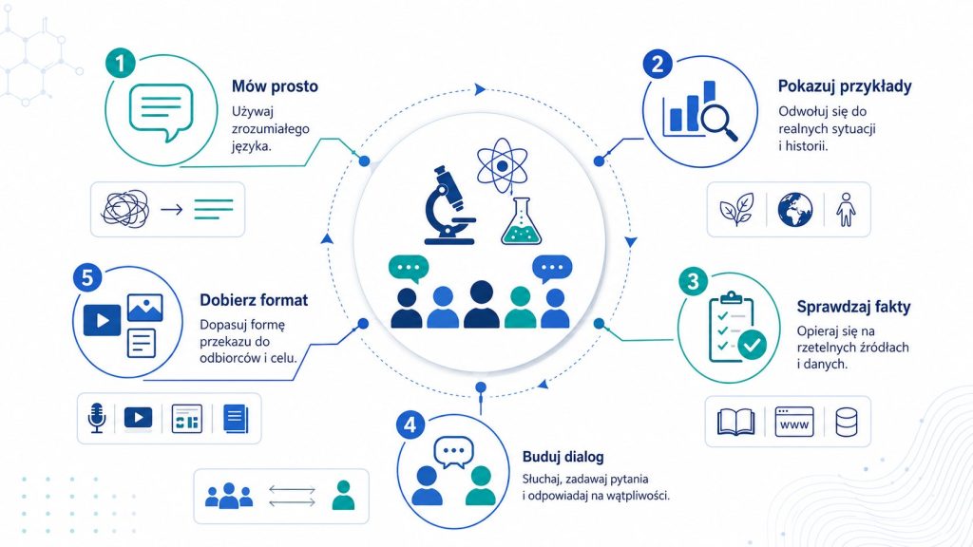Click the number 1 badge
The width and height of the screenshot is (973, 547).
tap(121, 64)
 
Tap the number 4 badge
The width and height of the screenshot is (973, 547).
tap(410, 425)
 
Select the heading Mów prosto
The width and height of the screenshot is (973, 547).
tap(275, 86)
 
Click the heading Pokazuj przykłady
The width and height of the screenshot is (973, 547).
tap(845, 86)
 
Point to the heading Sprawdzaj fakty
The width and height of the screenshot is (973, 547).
tap(853, 307)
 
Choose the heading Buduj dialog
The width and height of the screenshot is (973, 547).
tap(563, 457)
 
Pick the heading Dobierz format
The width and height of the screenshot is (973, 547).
tap(254, 300)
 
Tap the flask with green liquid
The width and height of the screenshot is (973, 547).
tap(521, 221)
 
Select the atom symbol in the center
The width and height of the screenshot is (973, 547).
tap(502, 165)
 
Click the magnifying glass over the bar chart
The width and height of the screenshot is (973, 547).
tap(718, 121)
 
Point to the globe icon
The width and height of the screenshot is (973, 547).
tap(795, 209)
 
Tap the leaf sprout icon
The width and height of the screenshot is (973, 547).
tap(736, 208)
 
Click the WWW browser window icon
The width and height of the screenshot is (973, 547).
tap(794, 422)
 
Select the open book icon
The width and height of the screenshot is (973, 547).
tap(736, 422)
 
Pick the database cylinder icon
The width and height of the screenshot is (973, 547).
tap(847, 422)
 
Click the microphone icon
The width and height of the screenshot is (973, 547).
tap(96, 418)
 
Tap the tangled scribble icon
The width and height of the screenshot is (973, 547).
tap(125, 208)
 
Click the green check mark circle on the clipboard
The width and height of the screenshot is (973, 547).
tap(753, 344)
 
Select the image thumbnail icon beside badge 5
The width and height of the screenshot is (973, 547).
tap(144, 308)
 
